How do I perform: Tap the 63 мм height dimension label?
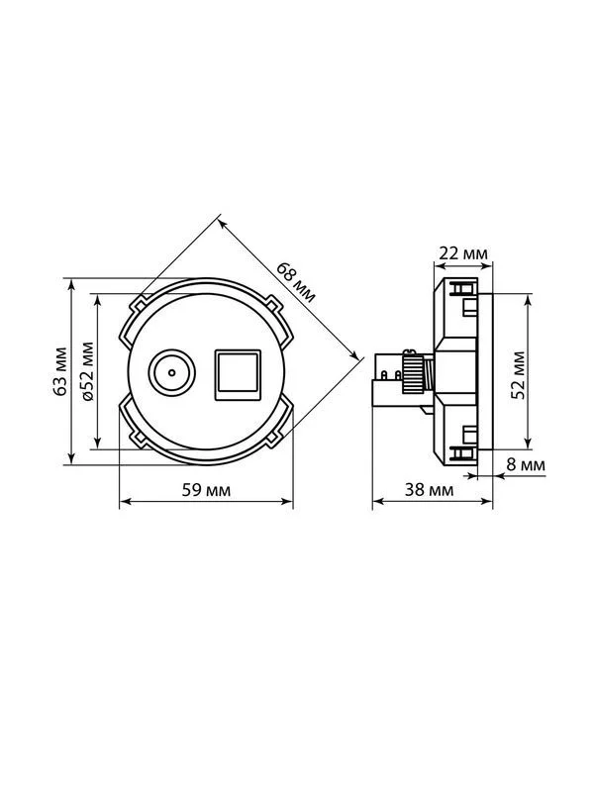point(60,371)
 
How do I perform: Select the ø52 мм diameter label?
point(87,371)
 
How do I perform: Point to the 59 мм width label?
point(206,489)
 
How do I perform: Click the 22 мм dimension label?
point(463,252)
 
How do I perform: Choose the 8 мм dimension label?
point(526,464)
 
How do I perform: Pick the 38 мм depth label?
point(429,489)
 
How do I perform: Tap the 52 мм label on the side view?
point(518,375)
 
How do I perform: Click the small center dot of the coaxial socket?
point(171,373)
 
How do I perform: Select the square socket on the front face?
point(238,375)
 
